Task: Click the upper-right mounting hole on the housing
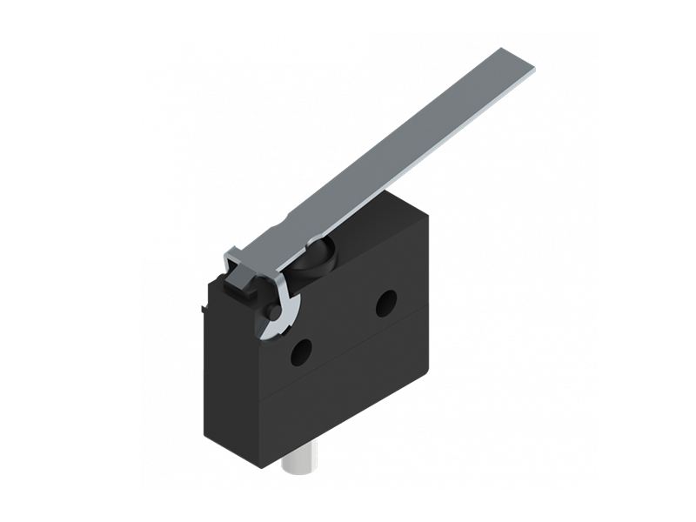[x=385, y=303]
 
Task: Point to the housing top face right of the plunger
[x=383, y=217]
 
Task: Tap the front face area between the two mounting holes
[x=344, y=327]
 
